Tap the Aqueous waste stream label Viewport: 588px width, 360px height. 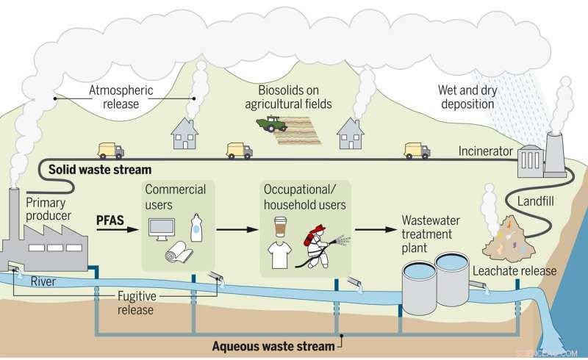point(273,344)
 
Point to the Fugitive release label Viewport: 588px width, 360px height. point(137,303)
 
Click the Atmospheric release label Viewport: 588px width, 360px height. point(121,98)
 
